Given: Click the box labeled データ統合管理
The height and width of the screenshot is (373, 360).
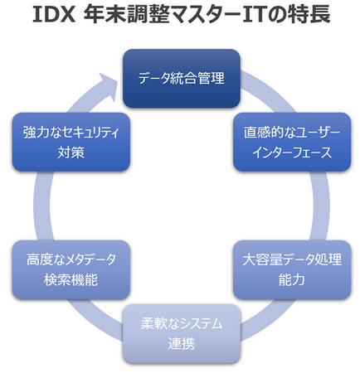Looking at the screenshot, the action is [182, 79].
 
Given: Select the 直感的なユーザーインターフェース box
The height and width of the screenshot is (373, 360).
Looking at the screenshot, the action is [292, 142].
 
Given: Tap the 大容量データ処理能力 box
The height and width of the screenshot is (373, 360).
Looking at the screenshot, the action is [292, 269].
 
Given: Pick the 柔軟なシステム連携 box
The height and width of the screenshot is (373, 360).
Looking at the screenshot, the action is [182, 333].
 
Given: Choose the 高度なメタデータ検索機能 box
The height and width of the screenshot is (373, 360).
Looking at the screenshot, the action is [71, 269].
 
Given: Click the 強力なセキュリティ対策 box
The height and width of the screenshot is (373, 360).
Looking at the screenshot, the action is [71, 142].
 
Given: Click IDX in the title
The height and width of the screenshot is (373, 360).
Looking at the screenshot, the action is [54, 14].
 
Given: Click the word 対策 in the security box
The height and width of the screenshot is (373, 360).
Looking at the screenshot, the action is [71, 153].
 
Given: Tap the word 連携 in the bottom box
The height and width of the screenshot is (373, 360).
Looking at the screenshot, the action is [182, 344].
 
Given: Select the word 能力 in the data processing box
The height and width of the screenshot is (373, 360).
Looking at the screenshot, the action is [292, 280].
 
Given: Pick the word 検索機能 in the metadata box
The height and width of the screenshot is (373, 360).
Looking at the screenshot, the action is [71, 280].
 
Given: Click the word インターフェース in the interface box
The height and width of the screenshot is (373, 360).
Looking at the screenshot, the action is [292, 153].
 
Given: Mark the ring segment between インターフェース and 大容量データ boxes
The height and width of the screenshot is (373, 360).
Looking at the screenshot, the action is [321, 206].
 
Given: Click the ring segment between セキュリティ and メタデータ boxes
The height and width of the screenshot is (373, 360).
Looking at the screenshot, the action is [42, 206].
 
